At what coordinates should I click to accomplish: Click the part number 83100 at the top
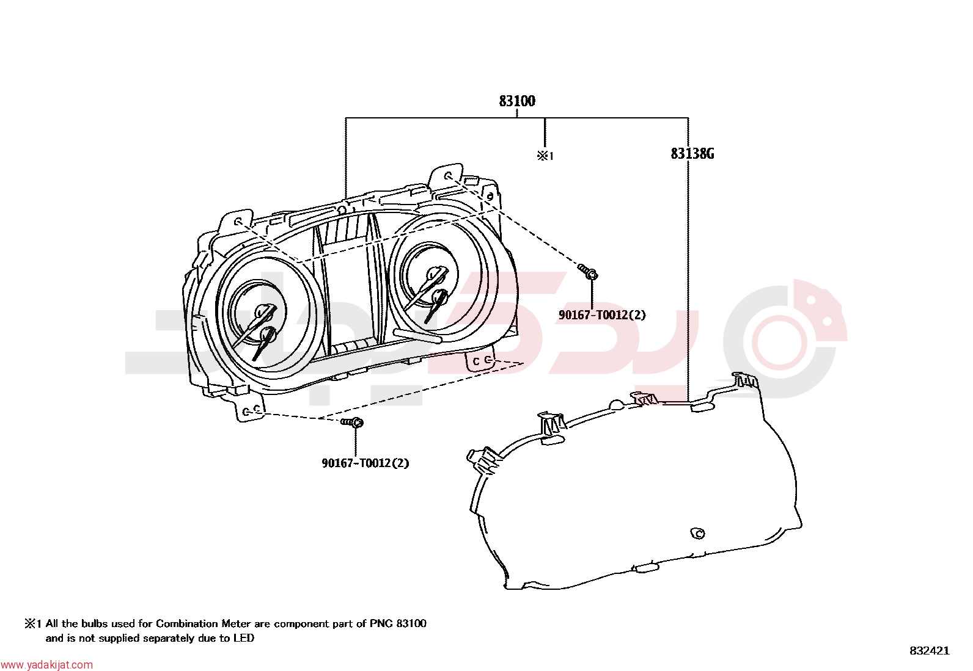[x=517, y=101]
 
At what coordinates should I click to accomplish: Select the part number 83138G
[x=692, y=154]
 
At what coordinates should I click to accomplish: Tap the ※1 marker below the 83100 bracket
[x=545, y=156]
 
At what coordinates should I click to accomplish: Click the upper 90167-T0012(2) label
[x=602, y=315]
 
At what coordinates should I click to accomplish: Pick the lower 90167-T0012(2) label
[x=365, y=463]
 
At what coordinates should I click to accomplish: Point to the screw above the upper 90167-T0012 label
[x=588, y=271]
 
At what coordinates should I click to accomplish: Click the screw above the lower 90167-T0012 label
[x=352, y=422]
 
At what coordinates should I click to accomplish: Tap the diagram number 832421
[x=930, y=651]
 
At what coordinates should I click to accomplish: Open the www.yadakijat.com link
[x=46, y=665]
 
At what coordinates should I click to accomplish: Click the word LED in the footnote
[x=244, y=638]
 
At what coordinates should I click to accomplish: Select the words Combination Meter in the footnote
[x=204, y=624]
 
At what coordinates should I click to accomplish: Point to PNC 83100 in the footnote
[x=398, y=624]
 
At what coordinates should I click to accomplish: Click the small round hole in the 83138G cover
[x=697, y=534]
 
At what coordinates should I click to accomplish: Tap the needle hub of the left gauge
[x=262, y=311]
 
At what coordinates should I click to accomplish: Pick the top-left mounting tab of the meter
[x=237, y=222]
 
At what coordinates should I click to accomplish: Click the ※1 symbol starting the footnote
[x=32, y=624]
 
